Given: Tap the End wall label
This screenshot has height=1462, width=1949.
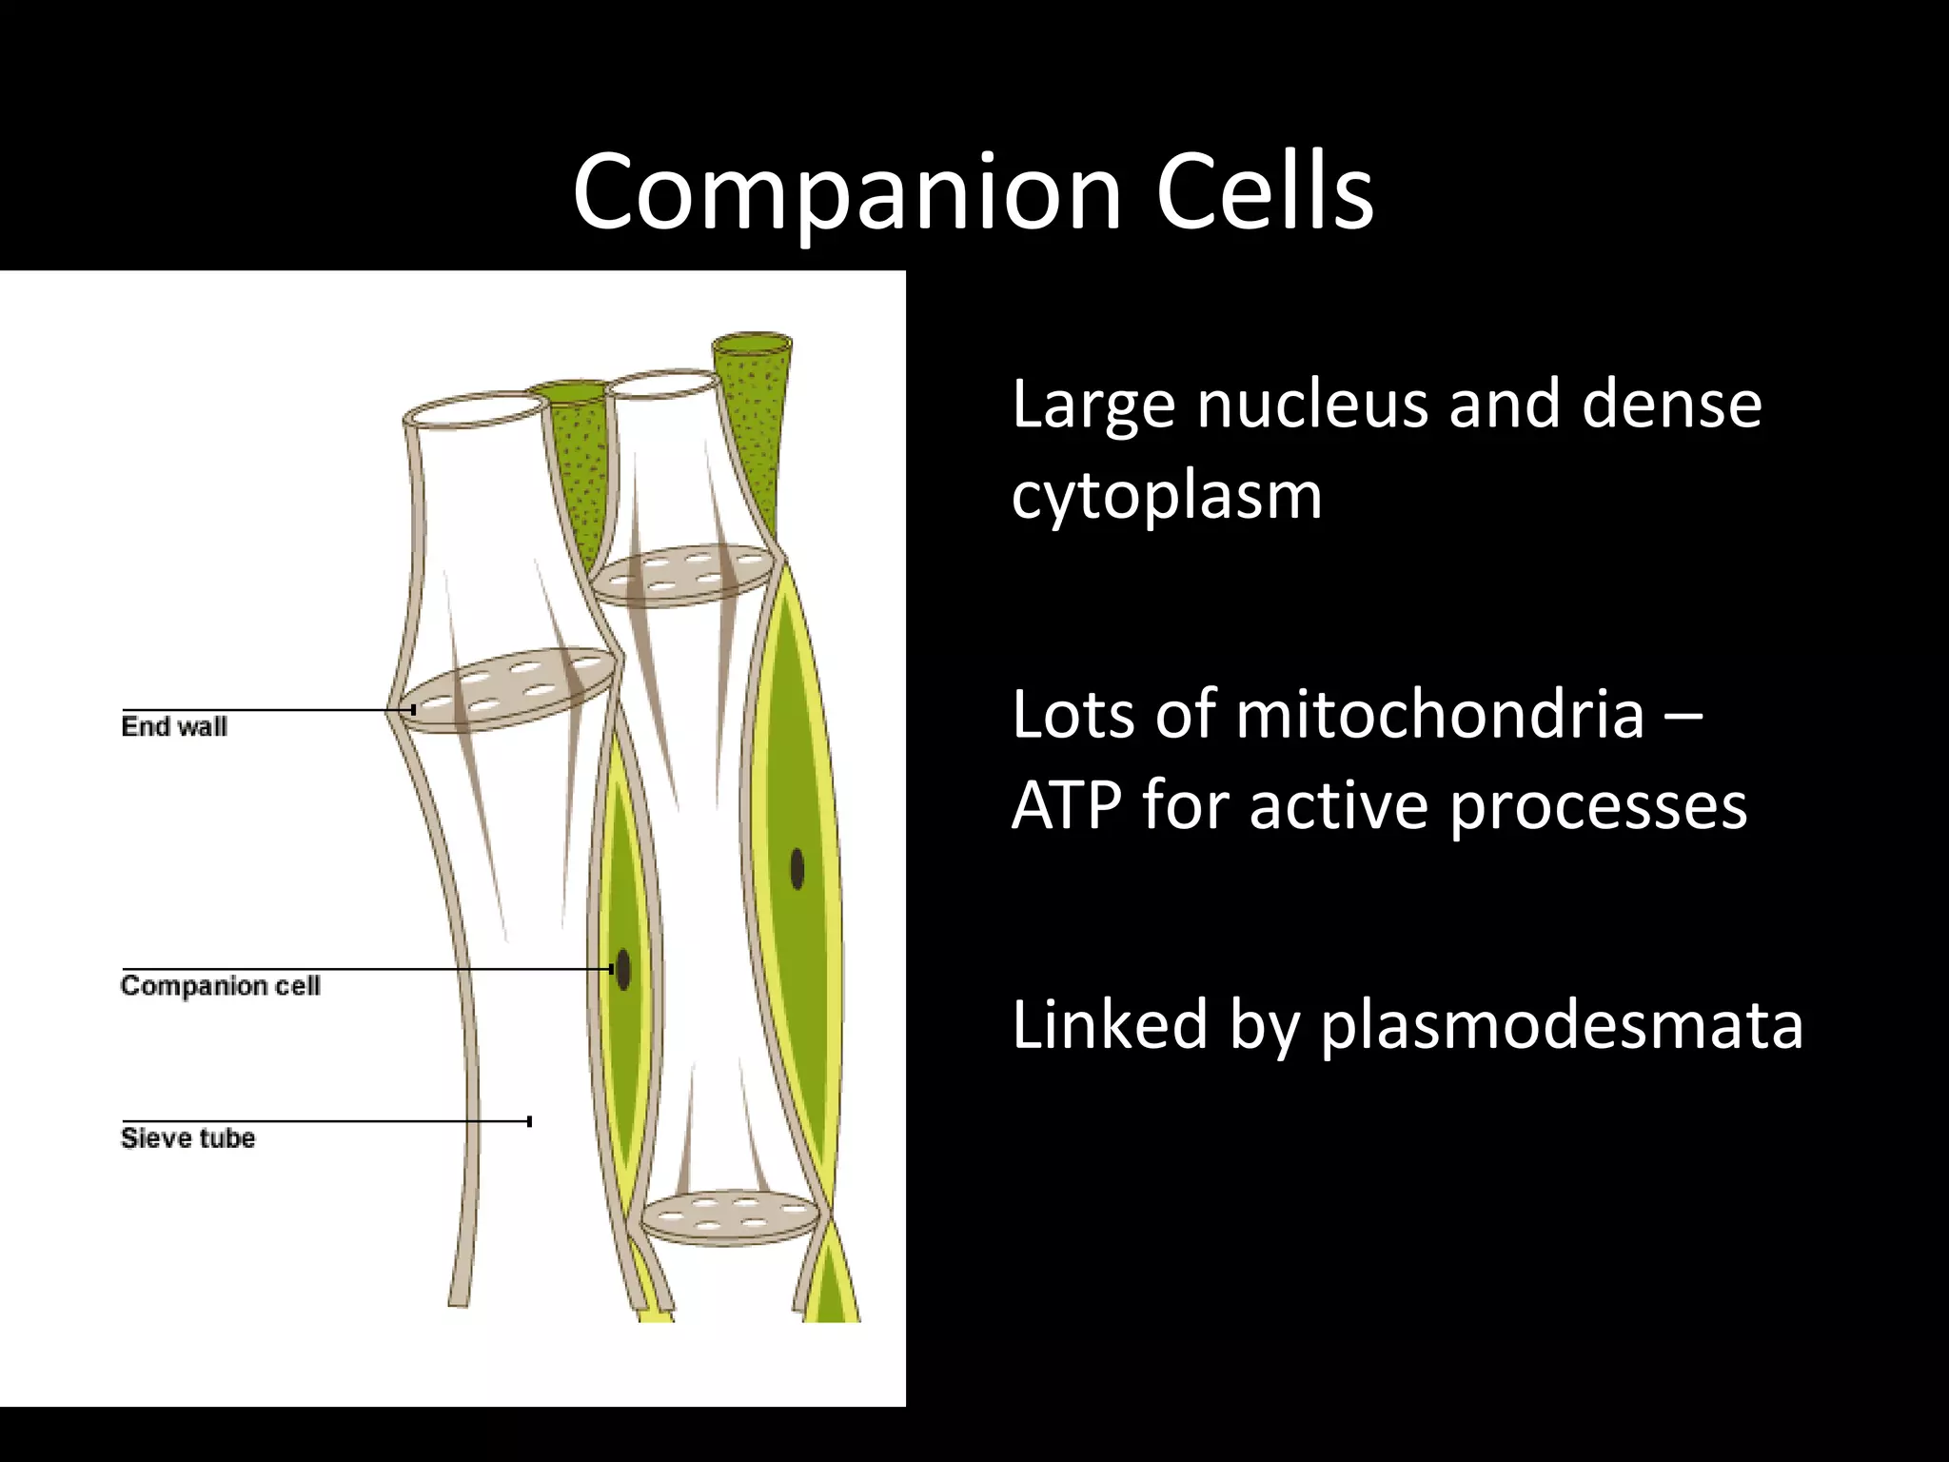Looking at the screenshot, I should pyautogui.click(x=174, y=727).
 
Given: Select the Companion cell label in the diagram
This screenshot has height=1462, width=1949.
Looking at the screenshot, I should pyautogui.click(x=220, y=986).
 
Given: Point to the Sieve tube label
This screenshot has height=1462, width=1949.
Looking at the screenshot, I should pyautogui.click(x=187, y=1138).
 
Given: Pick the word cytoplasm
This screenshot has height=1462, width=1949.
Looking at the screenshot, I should pyautogui.click(x=1167, y=497).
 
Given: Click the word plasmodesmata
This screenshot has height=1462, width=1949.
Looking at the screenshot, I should pyautogui.click(x=1561, y=1025).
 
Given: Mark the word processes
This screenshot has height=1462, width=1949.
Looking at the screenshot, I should pyautogui.click(x=1598, y=806).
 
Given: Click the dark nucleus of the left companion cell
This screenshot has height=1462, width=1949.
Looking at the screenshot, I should pyautogui.click(x=623, y=970).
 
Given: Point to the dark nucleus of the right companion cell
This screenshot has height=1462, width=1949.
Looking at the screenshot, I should pyautogui.click(x=797, y=868).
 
